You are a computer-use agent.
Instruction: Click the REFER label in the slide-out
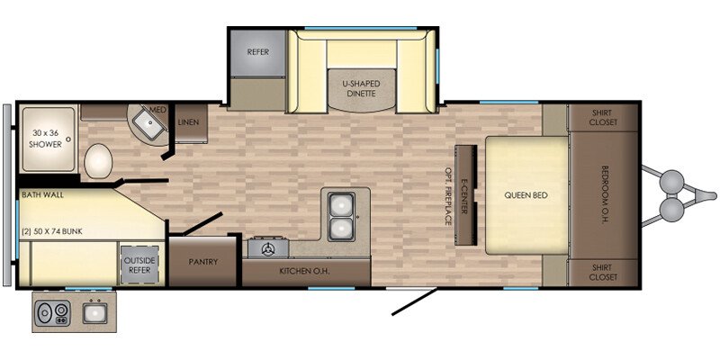click(x=257, y=52)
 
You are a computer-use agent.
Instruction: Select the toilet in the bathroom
click(x=98, y=161)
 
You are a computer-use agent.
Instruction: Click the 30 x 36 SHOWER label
click(x=47, y=139)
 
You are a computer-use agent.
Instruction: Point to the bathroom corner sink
click(x=148, y=121)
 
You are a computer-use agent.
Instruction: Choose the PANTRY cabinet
click(x=202, y=262)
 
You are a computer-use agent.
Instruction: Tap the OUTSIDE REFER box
click(x=139, y=265)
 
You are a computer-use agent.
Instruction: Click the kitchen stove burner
click(x=267, y=249)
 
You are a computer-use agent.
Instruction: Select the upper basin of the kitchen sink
click(x=341, y=204)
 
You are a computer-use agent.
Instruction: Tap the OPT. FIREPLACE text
click(x=447, y=195)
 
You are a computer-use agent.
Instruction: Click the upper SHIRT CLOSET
click(x=604, y=118)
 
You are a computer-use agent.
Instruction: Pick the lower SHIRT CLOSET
click(x=604, y=273)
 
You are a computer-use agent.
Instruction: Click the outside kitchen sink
click(x=95, y=312)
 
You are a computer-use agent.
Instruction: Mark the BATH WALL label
click(x=42, y=194)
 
